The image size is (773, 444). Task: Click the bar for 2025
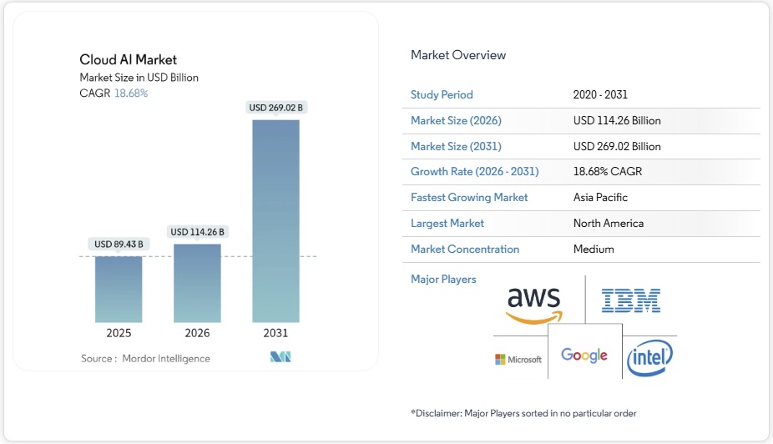118,289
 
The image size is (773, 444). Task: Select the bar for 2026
197,283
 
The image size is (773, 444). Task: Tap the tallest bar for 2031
275,221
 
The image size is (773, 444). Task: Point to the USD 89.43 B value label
119,245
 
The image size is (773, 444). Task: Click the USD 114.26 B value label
197,232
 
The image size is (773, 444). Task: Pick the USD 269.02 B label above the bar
276,108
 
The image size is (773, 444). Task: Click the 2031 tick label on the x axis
275,333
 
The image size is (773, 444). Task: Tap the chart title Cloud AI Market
128,59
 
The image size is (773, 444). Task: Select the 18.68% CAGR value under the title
131,93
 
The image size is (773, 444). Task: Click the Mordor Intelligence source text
166,359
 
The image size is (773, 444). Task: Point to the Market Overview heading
458,55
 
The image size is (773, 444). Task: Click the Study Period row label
442,95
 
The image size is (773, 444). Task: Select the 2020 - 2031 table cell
601,95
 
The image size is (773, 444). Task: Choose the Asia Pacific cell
600,198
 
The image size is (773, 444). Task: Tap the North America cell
608,224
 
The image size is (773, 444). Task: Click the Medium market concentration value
594,250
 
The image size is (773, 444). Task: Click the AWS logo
534,303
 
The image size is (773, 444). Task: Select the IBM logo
631,300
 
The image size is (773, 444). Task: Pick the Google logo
584,356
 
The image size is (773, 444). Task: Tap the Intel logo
650,358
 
